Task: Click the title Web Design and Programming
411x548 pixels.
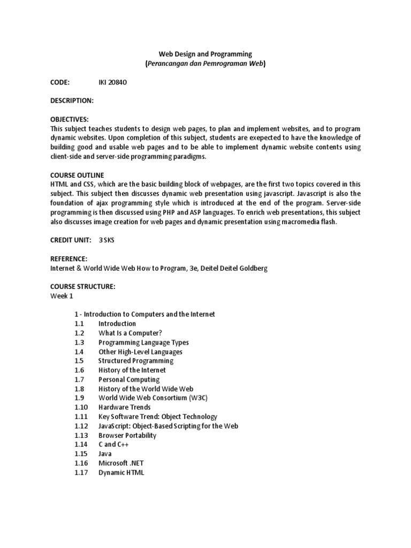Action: click(x=205, y=54)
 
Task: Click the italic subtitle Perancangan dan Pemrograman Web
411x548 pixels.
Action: click(x=205, y=64)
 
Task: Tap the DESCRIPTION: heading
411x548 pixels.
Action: click(x=72, y=100)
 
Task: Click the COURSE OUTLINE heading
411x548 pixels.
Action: click(x=77, y=175)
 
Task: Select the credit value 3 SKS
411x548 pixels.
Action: click(x=106, y=240)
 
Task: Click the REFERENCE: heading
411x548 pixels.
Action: click(x=68, y=259)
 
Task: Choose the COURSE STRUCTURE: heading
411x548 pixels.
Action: click(x=83, y=287)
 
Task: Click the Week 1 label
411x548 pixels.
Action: click(x=63, y=296)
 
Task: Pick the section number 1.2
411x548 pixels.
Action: click(x=80, y=333)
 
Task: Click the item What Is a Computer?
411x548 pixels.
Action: click(x=130, y=333)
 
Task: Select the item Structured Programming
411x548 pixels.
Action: click(x=136, y=361)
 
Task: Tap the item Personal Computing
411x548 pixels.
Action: click(x=129, y=379)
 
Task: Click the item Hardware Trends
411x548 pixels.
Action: click(x=124, y=407)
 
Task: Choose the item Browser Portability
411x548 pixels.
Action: click(x=127, y=436)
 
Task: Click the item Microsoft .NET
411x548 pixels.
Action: click(x=121, y=463)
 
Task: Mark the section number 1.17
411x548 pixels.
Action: click(x=81, y=473)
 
